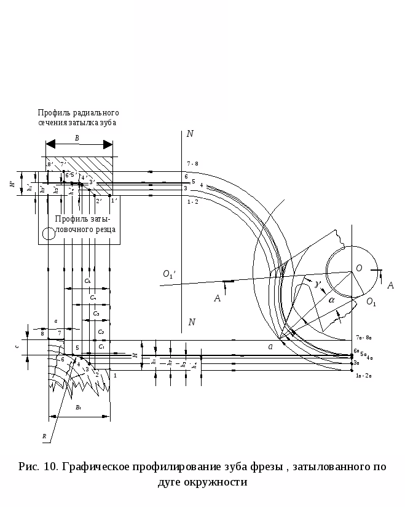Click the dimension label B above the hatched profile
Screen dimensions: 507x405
[77, 138]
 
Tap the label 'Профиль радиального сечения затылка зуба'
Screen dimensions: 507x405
[77, 122]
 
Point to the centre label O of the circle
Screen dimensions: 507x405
[359, 268]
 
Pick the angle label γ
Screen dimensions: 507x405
[316, 284]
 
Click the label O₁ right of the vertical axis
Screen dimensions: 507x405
[371, 302]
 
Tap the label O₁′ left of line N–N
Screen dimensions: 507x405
[170, 275]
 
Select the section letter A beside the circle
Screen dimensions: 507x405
[390, 285]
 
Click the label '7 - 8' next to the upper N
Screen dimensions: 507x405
[192, 164]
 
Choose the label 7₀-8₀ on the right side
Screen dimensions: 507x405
[364, 338]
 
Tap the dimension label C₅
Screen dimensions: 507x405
[87, 281]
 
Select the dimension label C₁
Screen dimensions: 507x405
[102, 347]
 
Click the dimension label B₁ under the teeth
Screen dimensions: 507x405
[78, 408]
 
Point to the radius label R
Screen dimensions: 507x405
[44, 436]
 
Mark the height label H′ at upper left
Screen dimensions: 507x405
[12, 184]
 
